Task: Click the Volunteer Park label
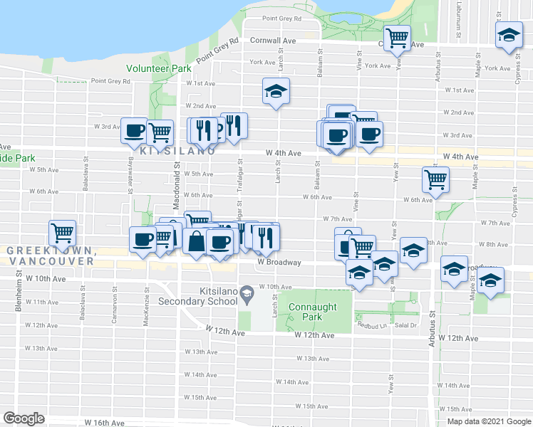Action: coord(158,69)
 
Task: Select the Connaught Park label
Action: coord(311,312)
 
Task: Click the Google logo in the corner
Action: coord(24,418)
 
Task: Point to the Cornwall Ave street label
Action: coord(272,41)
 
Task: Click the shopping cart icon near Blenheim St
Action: coord(63,231)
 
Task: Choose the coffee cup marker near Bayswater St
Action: coord(134,130)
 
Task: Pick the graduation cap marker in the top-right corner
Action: coord(509,35)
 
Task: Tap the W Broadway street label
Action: coord(279,262)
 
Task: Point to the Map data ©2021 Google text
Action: coord(488,421)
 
